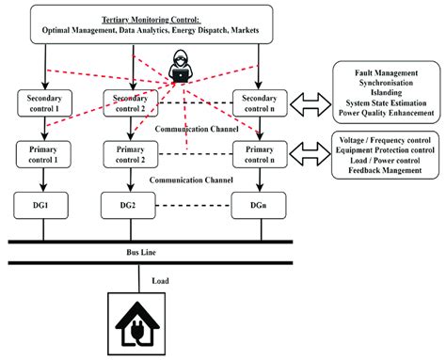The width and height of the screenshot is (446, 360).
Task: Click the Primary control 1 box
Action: pyautogui.click(x=43, y=152)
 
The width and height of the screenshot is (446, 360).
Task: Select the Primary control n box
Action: pyautogui.click(x=258, y=152)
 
